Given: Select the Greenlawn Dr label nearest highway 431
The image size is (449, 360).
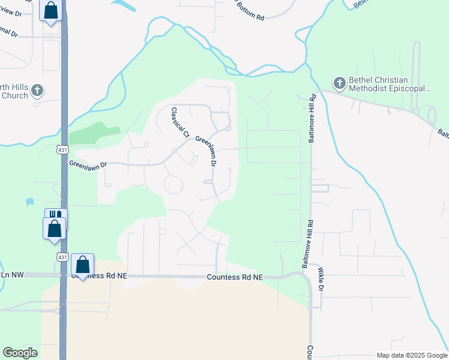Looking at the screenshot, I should tap(88, 163).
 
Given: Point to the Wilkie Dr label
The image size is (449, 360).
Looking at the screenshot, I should tap(321, 280).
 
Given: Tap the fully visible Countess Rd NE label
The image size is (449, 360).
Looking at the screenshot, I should tap(235, 277).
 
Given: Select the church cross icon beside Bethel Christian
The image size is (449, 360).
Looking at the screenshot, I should tap(339, 83).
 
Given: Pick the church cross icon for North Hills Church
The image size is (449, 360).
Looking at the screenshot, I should tap(37, 91).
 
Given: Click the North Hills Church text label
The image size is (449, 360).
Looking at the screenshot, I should tap(14, 91).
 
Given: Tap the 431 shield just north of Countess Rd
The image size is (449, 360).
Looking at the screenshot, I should tap(61, 256).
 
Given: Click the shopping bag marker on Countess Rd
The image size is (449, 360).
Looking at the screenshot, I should tap(82, 264).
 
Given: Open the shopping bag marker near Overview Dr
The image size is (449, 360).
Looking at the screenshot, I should tap(50, 10).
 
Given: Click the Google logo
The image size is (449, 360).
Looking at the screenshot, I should tap(20, 353).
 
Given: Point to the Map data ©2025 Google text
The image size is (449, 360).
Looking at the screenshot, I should tap(411, 355).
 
